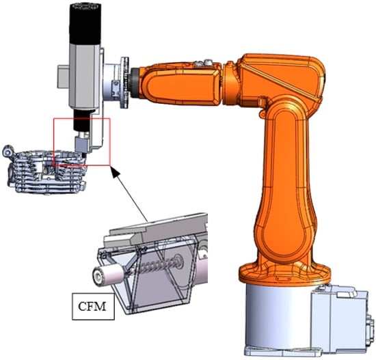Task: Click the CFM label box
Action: [93, 306]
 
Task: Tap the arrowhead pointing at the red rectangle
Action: [116, 171]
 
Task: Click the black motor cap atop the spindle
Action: [85, 24]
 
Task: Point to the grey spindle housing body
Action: [84, 77]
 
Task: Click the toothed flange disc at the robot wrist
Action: [125, 83]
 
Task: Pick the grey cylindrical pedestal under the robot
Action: [278, 316]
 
